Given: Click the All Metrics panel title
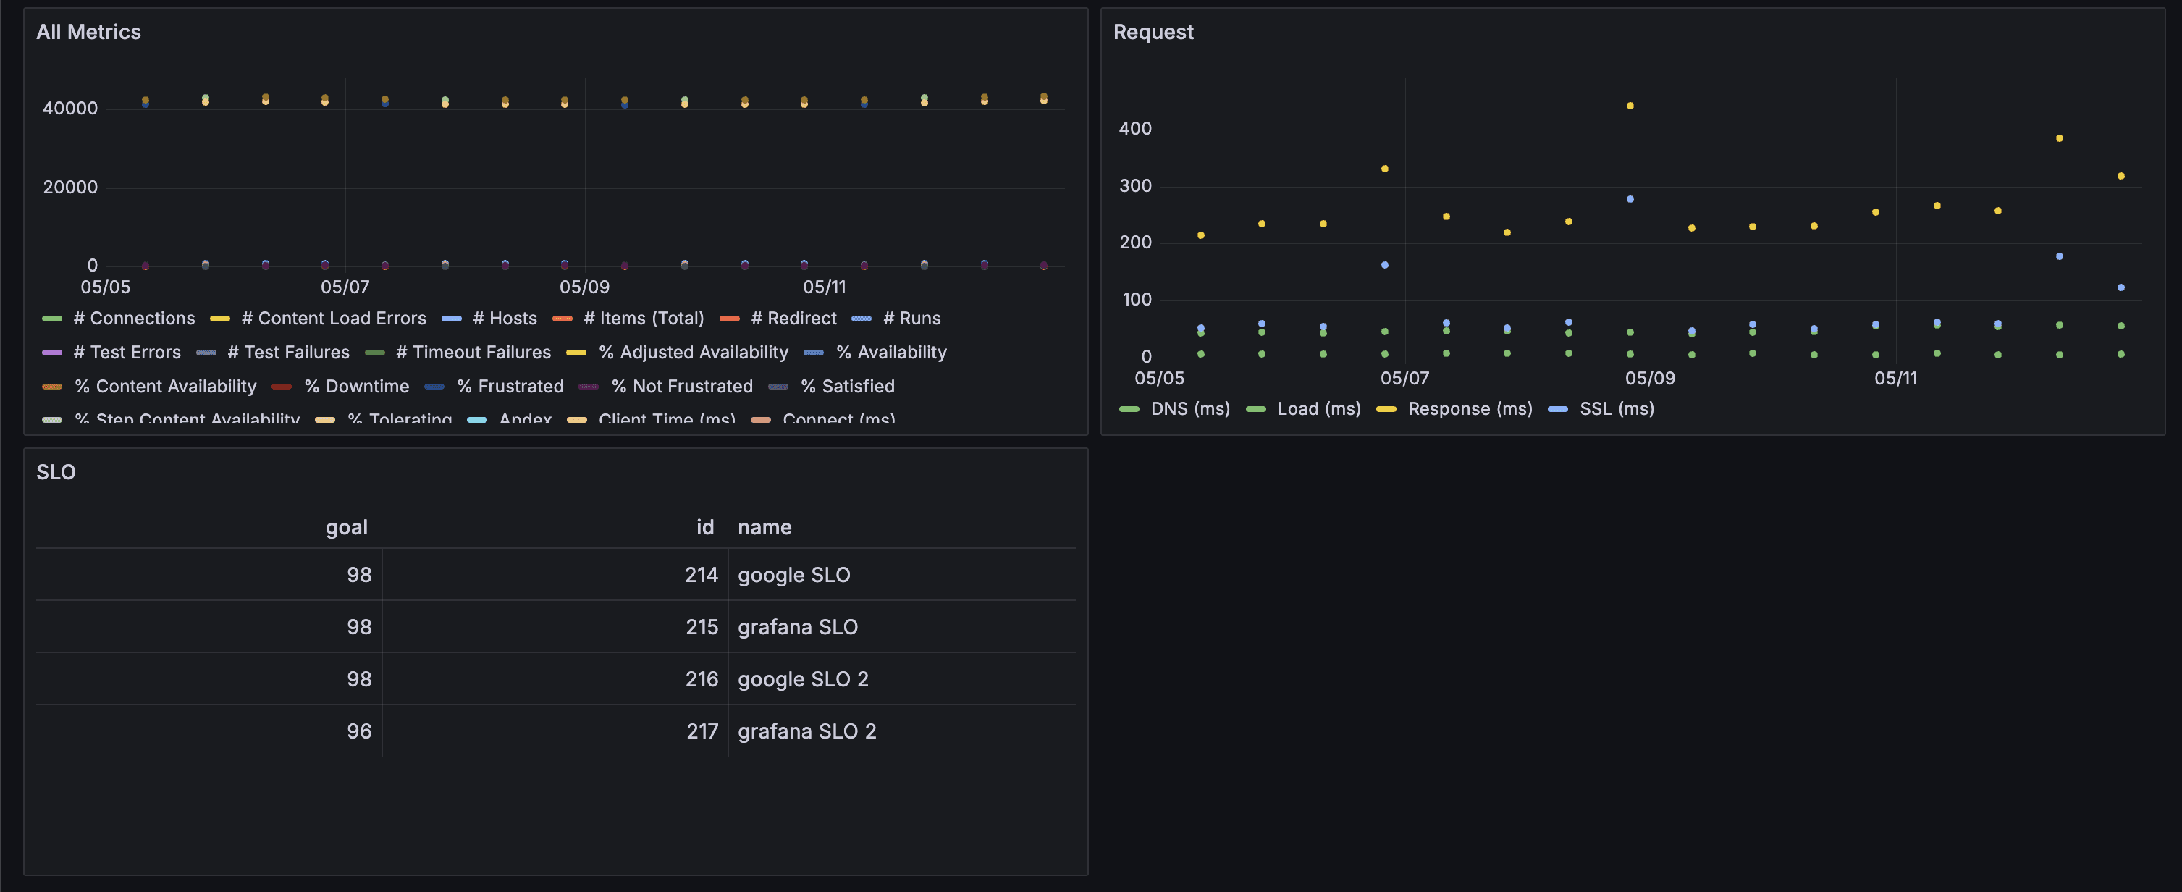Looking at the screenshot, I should [x=88, y=32].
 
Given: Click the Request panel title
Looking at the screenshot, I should [x=1153, y=32].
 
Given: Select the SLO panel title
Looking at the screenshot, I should [x=56, y=472].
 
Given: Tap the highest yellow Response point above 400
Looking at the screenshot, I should [x=1630, y=106].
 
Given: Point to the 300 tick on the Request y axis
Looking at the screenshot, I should [x=1135, y=185].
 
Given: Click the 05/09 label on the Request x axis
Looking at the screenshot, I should [x=1649, y=378].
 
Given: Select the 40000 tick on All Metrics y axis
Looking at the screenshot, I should [x=70, y=109].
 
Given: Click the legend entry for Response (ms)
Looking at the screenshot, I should [x=1469, y=408].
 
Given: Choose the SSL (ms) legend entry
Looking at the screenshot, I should [x=1615, y=408].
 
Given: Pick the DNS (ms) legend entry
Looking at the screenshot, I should [x=1189, y=408].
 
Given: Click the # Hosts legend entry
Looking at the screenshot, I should [x=504, y=319].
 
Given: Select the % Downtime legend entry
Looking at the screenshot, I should [x=355, y=387].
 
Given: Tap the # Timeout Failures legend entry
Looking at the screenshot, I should [x=473, y=353].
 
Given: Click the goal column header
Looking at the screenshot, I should [x=347, y=527].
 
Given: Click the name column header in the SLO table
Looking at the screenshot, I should [x=764, y=527].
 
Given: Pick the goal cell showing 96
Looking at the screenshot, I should [x=359, y=731].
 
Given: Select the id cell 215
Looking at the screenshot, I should [x=702, y=627].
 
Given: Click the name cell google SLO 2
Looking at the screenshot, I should [x=802, y=679].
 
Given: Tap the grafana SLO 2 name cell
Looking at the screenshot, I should [x=806, y=731].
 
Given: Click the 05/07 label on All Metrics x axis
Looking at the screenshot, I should [x=345, y=287].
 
